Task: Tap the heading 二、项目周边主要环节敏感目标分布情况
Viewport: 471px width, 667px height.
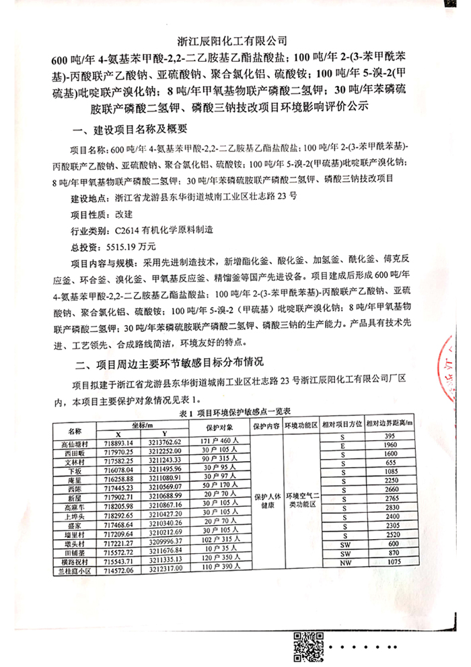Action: coord(169,365)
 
